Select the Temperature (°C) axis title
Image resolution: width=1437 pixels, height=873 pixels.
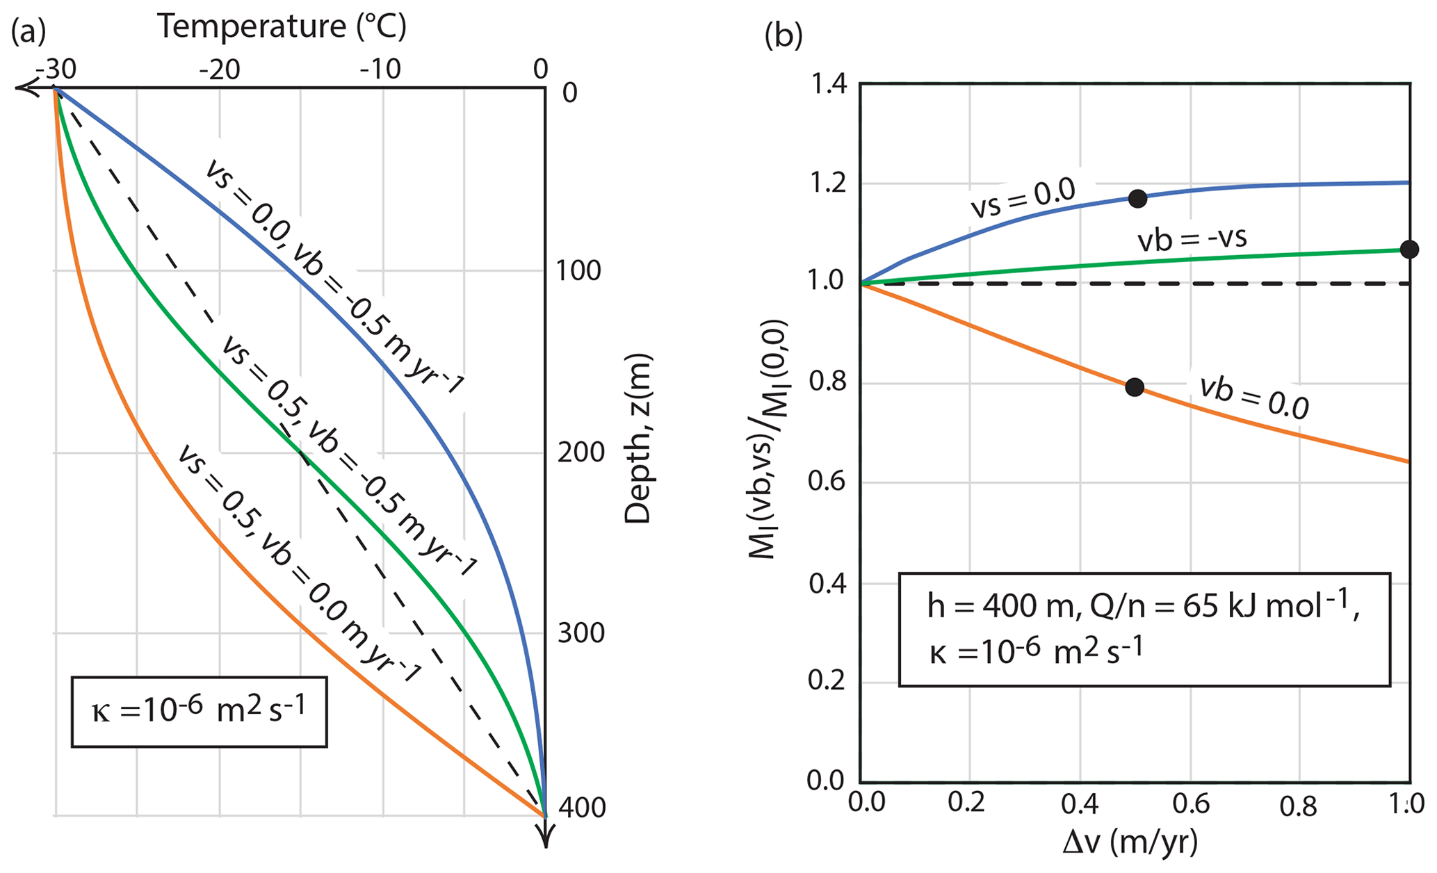(x=282, y=26)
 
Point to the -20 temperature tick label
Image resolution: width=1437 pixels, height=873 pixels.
(x=219, y=70)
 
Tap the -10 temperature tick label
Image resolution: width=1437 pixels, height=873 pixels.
(x=380, y=70)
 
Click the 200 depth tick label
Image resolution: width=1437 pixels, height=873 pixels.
(x=579, y=453)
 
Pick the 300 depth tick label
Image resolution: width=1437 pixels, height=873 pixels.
(x=579, y=634)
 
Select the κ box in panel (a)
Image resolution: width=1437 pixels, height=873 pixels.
(x=199, y=711)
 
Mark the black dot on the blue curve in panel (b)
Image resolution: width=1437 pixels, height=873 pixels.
(x=1137, y=199)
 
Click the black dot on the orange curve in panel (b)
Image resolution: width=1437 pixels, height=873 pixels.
(x=1135, y=387)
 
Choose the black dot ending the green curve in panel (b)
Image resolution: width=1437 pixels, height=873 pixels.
(x=1409, y=250)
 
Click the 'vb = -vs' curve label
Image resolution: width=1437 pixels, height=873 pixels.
(x=1192, y=239)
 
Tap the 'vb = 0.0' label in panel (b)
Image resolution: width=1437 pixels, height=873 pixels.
(x=1253, y=398)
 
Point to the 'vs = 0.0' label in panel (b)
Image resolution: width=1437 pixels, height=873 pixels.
(x=1023, y=199)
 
